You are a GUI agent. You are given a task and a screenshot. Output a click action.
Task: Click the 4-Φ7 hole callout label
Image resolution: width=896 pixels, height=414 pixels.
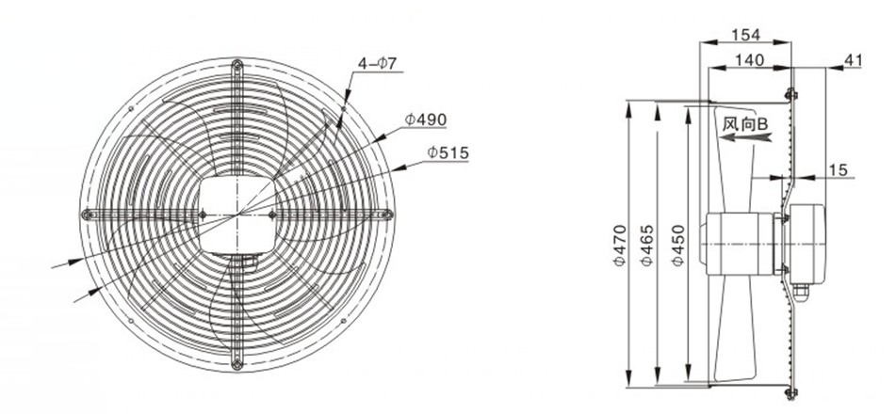point(377,63)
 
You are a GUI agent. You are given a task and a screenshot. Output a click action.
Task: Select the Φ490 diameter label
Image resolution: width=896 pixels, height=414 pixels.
point(426,119)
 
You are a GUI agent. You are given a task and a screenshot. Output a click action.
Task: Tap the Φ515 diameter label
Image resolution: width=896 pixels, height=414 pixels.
point(448,153)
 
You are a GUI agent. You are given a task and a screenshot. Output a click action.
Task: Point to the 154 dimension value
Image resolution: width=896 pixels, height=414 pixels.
point(745,35)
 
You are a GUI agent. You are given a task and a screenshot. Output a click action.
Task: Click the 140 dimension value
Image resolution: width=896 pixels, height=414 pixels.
point(749,60)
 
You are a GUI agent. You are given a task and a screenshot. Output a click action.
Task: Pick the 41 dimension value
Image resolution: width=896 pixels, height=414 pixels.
point(853,60)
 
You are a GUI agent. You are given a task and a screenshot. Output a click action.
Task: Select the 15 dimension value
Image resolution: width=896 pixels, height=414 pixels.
point(839,169)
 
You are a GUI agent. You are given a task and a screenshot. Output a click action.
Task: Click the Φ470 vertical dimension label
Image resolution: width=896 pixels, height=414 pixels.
point(619,245)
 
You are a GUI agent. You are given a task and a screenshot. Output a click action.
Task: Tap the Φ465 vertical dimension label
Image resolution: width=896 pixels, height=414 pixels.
point(646,245)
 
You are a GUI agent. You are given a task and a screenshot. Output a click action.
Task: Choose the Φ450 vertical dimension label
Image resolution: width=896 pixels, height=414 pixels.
point(677,245)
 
